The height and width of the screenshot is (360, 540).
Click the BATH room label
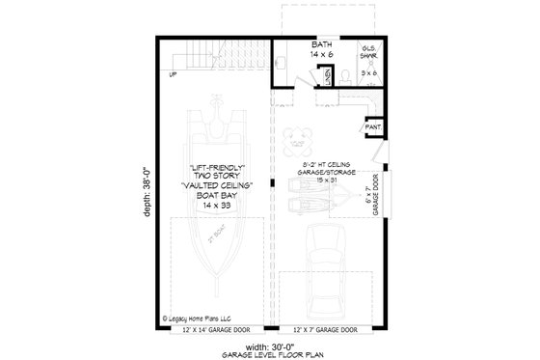pyautogui.click(x=322, y=44)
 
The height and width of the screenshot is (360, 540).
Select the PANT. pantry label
pyautogui.click(x=370, y=125)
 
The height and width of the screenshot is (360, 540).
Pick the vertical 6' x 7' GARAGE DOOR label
pyautogui.click(x=371, y=207)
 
